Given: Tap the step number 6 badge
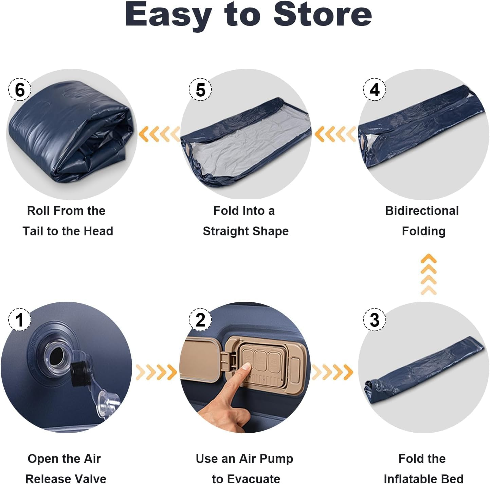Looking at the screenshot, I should tap(20, 89).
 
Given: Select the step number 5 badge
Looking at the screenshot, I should tap(200, 89).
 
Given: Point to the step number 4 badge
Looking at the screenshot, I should tap(374, 89).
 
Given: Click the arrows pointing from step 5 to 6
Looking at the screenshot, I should tap(159, 134).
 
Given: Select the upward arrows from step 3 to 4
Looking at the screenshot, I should tap(428, 274).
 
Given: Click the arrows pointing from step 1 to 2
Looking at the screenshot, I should tap(156, 372).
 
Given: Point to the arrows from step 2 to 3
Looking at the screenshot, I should tap(332, 372).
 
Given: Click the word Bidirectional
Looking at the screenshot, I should tap(422, 211).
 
